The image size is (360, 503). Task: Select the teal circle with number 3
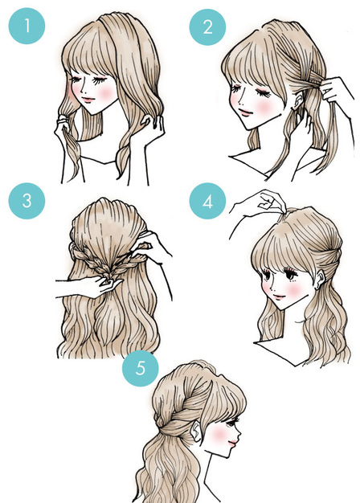point(26,202)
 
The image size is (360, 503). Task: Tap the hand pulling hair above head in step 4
point(264,204)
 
